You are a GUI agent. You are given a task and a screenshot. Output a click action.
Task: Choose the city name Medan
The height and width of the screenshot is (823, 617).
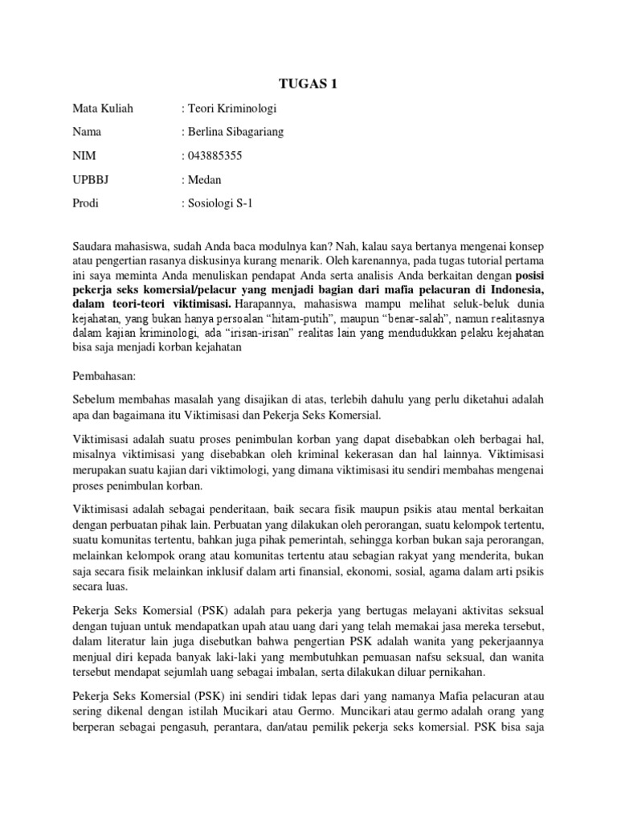point(207,179)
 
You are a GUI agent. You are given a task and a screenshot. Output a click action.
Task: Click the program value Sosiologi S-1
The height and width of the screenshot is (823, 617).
point(221,203)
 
